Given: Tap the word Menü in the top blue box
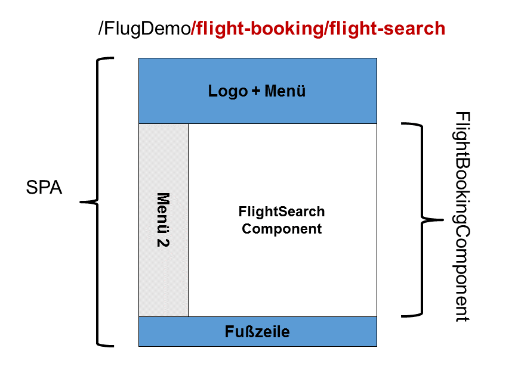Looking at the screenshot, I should tap(285, 91).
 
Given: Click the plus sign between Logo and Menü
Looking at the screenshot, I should tap(255, 92).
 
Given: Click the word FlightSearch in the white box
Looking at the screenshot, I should tap(282, 212).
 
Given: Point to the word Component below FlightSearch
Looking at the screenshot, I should tap(282, 229).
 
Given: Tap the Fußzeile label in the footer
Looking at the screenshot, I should tap(257, 331).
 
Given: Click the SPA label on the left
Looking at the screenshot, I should tap(44, 188).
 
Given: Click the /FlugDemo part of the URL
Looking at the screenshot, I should tap(143, 28).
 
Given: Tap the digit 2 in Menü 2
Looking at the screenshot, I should tap(162, 243).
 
